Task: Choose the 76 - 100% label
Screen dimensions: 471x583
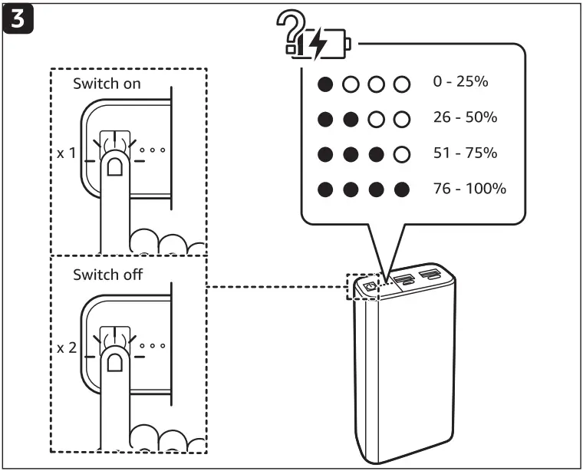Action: [x=468, y=188]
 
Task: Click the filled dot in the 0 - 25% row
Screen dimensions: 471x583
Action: [x=326, y=84]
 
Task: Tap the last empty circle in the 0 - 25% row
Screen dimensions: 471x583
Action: [x=400, y=84]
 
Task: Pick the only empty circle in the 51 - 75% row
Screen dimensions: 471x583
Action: [x=400, y=154]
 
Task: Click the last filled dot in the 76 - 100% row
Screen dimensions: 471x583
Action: [x=400, y=189]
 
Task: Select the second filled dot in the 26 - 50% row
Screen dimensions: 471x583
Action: [x=351, y=119]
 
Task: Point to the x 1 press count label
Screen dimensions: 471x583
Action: [x=67, y=153]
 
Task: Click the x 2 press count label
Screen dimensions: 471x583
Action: [x=67, y=347]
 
